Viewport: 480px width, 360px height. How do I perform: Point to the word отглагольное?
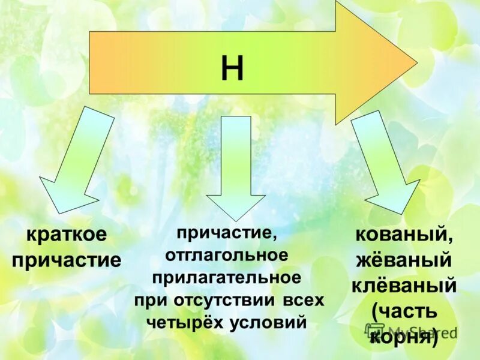click(227, 254)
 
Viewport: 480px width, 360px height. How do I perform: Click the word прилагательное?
click(226, 277)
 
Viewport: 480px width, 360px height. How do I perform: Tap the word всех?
click(302, 300)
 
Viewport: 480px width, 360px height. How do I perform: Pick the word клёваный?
click(404, 286)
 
